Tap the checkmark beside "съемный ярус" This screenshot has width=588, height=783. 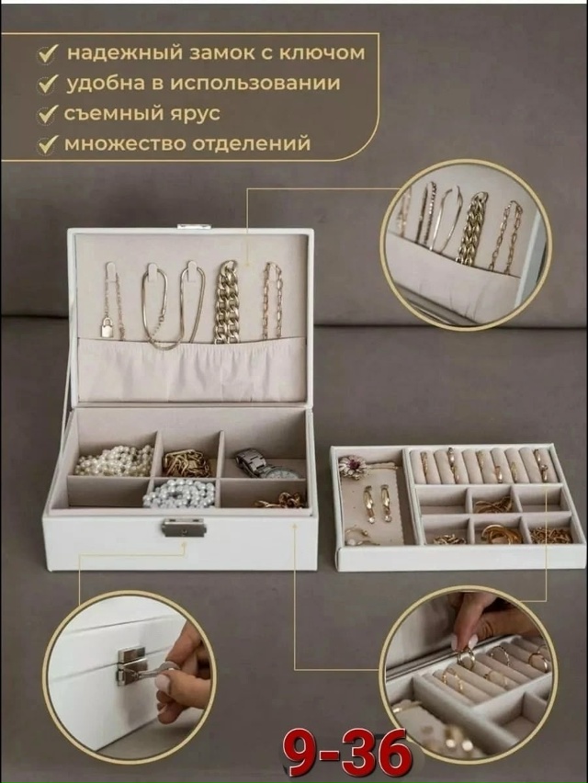coord(47,116)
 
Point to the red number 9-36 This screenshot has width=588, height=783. coord(348,753)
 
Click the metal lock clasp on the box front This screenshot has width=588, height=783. coord(184,527)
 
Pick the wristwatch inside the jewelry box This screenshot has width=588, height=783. coord(261,463)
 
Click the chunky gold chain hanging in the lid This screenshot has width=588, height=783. coord(226,302)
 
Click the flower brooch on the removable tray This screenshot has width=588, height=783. coord(354,467)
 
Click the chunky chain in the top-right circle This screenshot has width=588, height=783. coord(472,229)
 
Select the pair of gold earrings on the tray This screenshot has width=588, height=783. coord(377,503)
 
